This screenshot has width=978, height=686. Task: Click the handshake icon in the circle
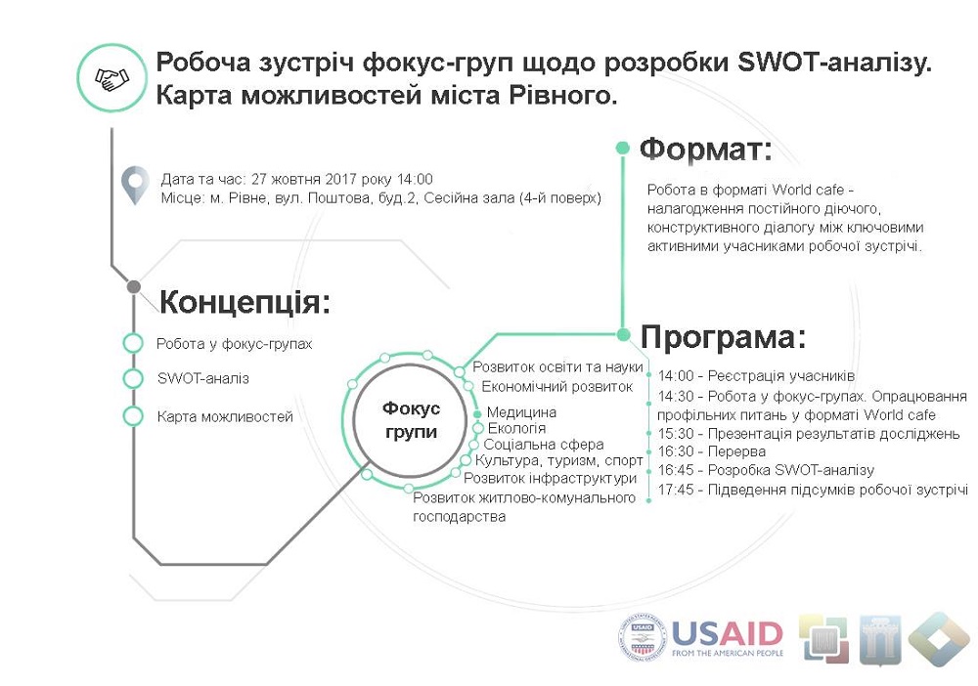(x=111, y=78)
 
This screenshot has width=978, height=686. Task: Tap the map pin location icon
(x=135, y=185)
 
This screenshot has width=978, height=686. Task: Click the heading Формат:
(x=705, y=150)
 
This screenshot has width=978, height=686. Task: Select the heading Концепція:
(x=244, y=302)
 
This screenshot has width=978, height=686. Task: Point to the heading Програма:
(x=724, y=337)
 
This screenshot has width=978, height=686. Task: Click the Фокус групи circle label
(x=411, y=420)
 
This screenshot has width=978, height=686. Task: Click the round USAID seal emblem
(x=643, y=639)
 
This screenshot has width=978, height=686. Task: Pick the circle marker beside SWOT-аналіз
(x=133, y=378)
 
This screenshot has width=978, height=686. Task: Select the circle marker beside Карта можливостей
(x=133, y=416)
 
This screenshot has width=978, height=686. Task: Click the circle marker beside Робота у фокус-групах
(x=133, y=343)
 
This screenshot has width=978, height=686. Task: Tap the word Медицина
(x=521, y=412)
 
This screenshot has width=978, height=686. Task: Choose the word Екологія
(x=516, y=429)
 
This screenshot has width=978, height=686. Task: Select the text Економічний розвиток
(x=557, y=387)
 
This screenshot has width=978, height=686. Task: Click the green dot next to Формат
(x=622, y=148)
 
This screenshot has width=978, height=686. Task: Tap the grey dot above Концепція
(x=133, y=287)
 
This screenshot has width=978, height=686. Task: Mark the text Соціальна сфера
(x=543, y=445)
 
